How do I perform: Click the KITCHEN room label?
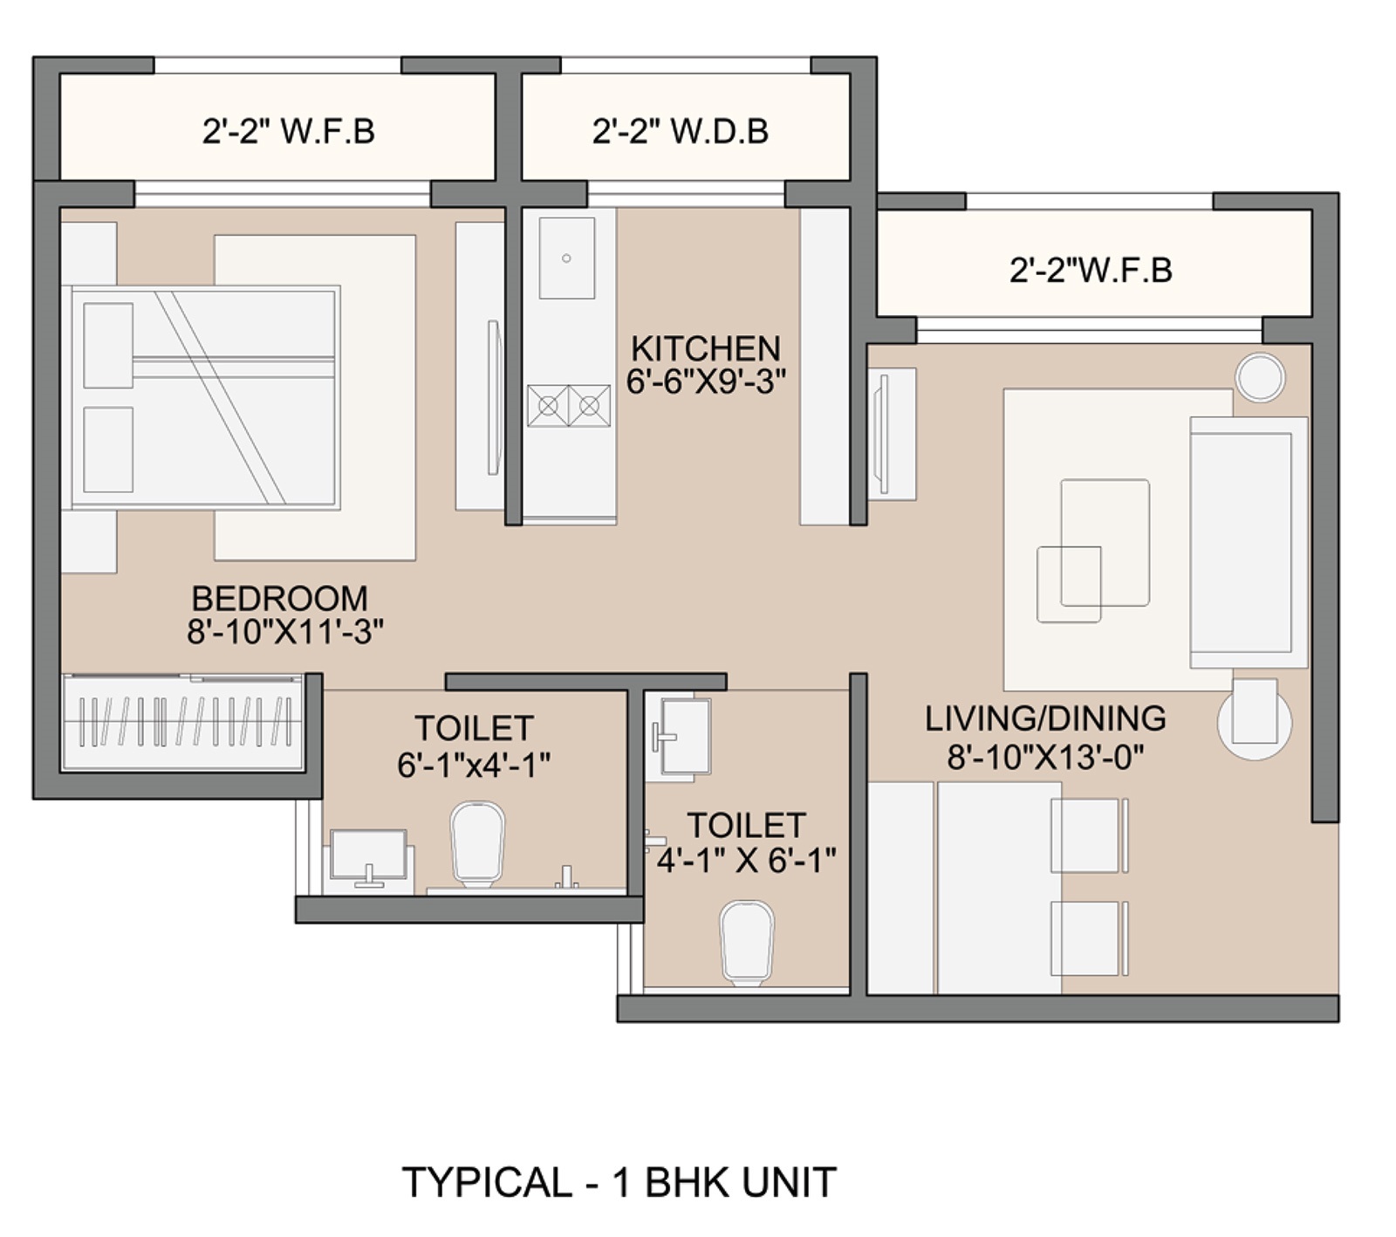(x=705, y=348)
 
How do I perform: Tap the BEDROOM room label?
(x=279, y=598)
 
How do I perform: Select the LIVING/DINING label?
(x=1045, y=718)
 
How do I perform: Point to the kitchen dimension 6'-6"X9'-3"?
(x=706, y=381)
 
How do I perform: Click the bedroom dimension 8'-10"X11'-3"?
(x=284, y=631)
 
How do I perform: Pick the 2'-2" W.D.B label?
(x=681, y=131)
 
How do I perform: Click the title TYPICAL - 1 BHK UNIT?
(x=619, y=1182)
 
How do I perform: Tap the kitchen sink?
(x=567, y=258)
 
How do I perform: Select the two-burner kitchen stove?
(x=569, y=406)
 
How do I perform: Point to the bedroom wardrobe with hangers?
(x=182, y=722)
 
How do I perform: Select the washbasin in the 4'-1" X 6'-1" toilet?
(x=681, y=737)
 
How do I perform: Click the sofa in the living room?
(x=1249, y=542)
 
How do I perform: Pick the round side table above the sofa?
(x=1261, y=377)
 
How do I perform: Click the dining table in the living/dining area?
(x=999, y=888)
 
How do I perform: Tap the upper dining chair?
(x=1089, y=835)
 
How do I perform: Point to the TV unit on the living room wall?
(x=892, y=434)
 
